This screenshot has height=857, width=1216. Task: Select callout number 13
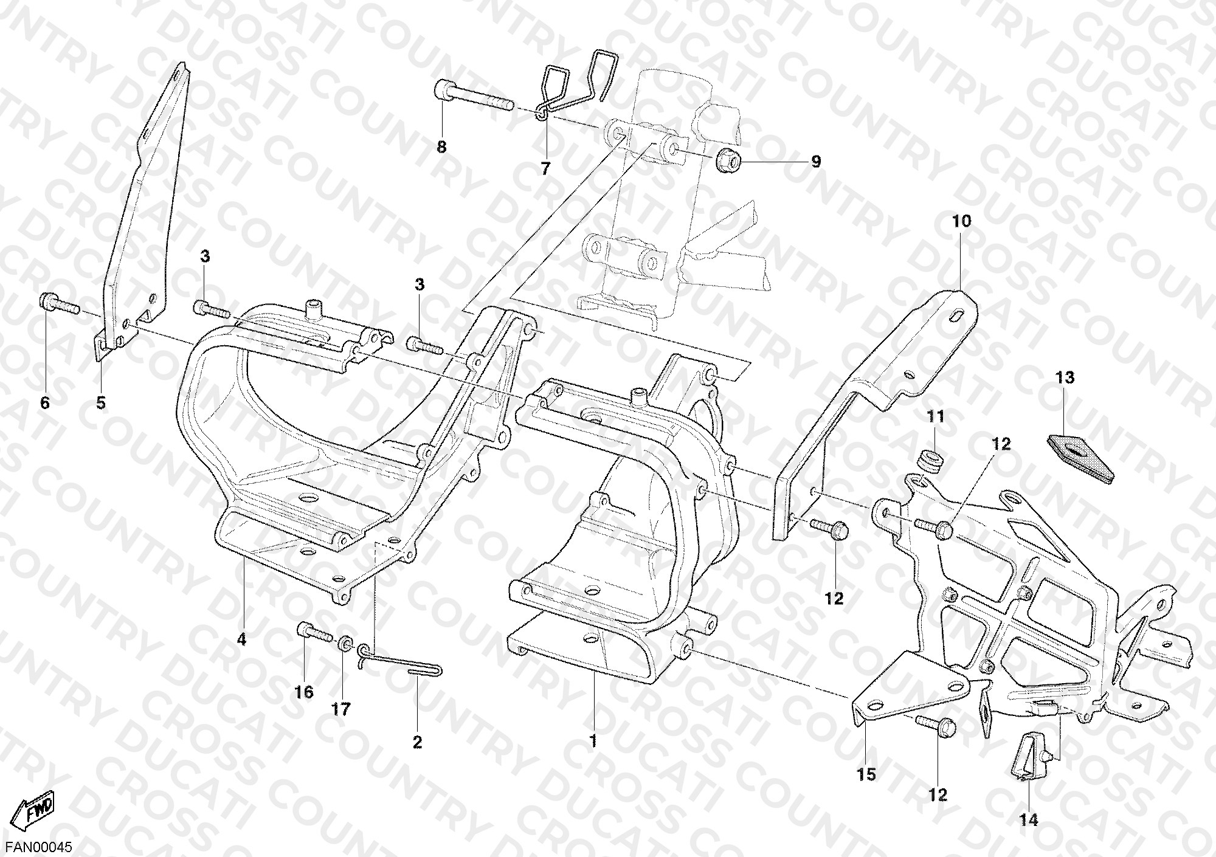tap(1065, 378)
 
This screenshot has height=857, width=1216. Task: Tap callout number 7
tap(545, 169)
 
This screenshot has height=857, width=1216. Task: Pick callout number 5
tap(101, 403)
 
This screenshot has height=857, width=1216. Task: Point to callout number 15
tap(866, 774)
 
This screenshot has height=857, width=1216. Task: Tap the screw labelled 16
tap(314, 633)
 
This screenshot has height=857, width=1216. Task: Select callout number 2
tap(417, 742)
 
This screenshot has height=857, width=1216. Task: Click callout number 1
tap(593, 742)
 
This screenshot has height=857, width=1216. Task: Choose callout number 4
tap(241, 639)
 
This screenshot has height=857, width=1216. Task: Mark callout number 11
tap(936, 417)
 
